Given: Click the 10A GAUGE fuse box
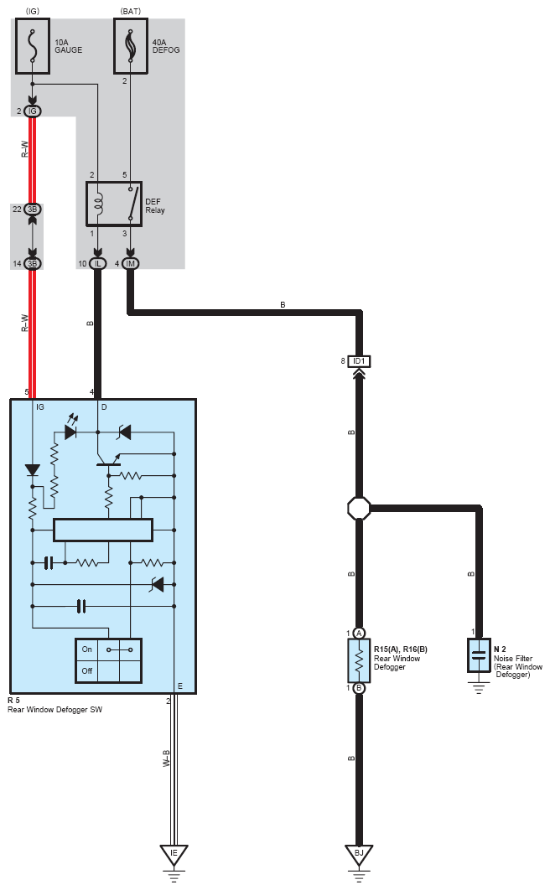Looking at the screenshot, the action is tap(33, 47).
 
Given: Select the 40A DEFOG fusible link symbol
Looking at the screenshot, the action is tap(131, 47).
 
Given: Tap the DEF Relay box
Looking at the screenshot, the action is tap(113, 204).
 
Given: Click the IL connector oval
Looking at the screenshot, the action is tap(97, 263).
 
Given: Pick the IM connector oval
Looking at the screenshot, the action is tap(131, 263).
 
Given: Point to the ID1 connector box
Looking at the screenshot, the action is tap(359, 361).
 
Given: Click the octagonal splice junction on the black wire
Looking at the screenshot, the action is tap(359, 508).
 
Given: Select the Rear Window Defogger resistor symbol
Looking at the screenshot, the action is tap(359, 660).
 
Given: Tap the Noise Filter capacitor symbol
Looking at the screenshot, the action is tap(479, 655).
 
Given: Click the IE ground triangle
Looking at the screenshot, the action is tap(174, 854).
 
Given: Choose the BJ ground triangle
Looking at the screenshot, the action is tap(359, 854).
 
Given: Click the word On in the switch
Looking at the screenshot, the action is tap(87, 649).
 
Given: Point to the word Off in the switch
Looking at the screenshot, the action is tap(87, 671).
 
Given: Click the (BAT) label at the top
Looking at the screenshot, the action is tap(131, 12).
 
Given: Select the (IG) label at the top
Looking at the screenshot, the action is tap(33, 12).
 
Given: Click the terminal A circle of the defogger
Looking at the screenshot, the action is tap(359, 634).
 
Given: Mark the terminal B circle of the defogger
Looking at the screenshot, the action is tap(359, 688).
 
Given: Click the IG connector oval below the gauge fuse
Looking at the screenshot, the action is tap(33, 111).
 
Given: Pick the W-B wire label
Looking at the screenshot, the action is tap(167, 759).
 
